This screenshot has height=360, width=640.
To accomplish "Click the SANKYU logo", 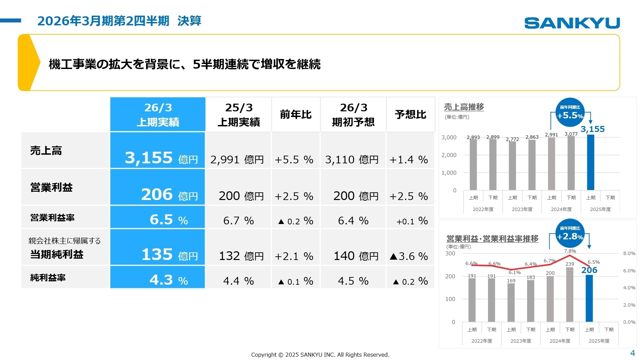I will pyautogui.click(x=572, y=23).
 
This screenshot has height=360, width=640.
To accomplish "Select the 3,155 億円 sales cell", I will pyautogui.click(x=158, y=150).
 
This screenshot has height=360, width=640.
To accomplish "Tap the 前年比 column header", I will pyautogui.click(x=296, y=115).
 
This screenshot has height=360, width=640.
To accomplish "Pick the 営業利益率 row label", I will pyautogui.click(x=52, y=218).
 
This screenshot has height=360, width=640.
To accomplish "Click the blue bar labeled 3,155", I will pyautogui.click(x=590, y=162).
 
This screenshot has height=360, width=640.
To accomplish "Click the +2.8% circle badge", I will pyautogui.click(x=570, y=233).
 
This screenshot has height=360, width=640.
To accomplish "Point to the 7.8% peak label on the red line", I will pyautogui.click(x=570, y=251).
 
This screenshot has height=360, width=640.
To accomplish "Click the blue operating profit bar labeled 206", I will pyautogui.click(x=589, y=298).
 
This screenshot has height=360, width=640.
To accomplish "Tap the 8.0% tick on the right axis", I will pyautogui.click(x=629, y=253).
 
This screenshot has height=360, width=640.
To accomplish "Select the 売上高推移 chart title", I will pyautogui.click(x=464, y=107).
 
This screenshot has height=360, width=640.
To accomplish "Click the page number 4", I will pyautogui.click(x=632, y=353).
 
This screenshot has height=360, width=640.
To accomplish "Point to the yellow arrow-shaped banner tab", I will pyautogui.click(x=29, y=62).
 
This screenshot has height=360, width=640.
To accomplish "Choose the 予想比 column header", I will pyautogui.click(x=410, y=115).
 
